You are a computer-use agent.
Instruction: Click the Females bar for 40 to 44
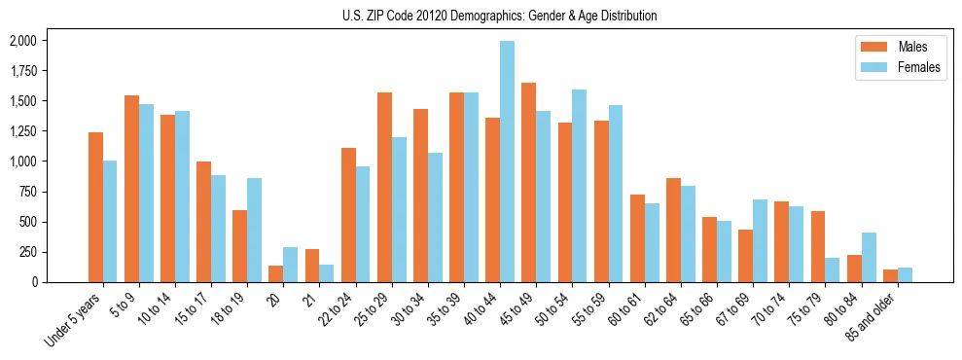(x=507, y=162)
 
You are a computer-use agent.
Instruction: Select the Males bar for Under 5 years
(x=95, y=207)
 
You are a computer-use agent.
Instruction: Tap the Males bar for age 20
(x=276, y=273)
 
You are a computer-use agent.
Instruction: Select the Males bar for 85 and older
(x=890, y=275)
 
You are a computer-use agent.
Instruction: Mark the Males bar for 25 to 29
(x=384, y=187)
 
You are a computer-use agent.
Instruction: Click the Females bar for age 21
(x=327, y=273)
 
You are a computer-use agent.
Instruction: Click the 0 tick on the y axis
(x=35, y=282)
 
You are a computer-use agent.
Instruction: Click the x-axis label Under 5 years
(x=74, y=321)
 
